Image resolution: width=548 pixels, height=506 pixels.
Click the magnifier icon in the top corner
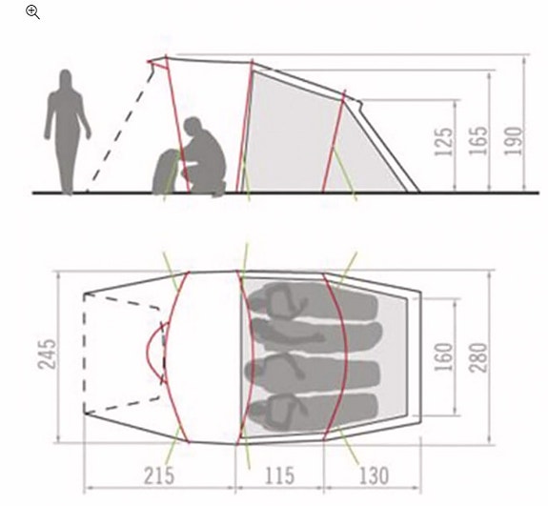[x=32, y=11]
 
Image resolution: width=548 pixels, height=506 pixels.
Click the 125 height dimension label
[x=444, y=142]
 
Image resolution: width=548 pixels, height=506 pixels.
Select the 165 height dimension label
[x=477, y=140]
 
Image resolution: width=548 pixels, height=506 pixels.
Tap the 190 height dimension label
[x=513, y=141]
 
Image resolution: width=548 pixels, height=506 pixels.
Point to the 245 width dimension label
[x=47, y=354]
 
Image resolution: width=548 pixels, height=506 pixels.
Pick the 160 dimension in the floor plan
[x=443, y=356]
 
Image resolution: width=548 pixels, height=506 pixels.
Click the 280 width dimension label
[x=477, y=357]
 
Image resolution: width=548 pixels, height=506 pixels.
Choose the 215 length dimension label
[x=159, y=476]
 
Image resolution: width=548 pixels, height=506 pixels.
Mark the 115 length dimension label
[x=279, y=476]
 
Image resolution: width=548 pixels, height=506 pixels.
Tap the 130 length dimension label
[x=374, y=476]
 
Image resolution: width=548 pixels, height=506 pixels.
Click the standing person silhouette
[x=67, y=132]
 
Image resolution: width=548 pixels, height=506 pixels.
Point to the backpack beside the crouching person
[x=165, y=172]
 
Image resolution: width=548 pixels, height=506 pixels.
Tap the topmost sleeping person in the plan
[x=314, y=300]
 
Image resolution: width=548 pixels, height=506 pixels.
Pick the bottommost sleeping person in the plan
[x=312, y=412]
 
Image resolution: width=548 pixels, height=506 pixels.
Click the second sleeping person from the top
[x=316, y=334]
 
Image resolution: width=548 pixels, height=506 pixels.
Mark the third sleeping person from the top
[x=312, y=374]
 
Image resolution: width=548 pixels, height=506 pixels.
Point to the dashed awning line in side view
[x=120, y=128]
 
